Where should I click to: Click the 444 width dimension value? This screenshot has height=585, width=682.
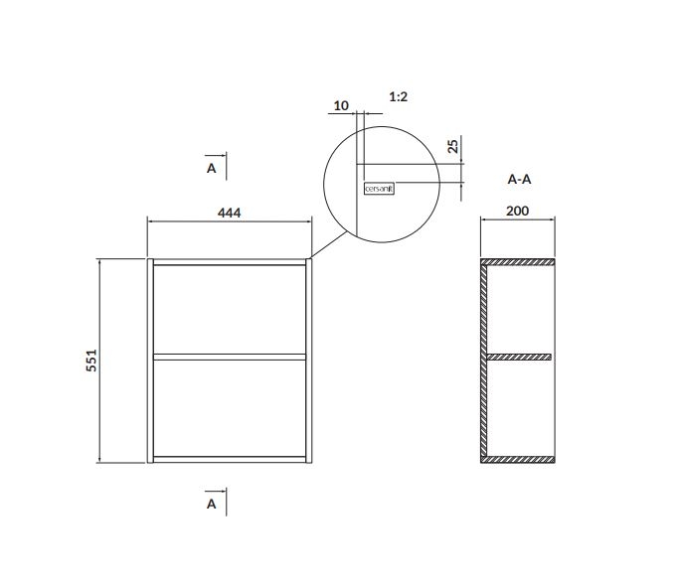230,213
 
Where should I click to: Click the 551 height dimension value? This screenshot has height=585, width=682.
91,361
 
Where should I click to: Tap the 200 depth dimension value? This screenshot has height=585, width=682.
518,212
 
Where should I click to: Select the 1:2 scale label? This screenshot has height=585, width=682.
399,97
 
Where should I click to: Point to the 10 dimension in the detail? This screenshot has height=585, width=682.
341,105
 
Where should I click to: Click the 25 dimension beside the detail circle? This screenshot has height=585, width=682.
453,146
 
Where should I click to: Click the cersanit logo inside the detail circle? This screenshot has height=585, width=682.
379,189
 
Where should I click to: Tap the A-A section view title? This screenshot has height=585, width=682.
519,179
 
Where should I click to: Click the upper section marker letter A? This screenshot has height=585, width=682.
212,168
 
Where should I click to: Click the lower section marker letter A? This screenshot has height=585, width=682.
212,505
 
